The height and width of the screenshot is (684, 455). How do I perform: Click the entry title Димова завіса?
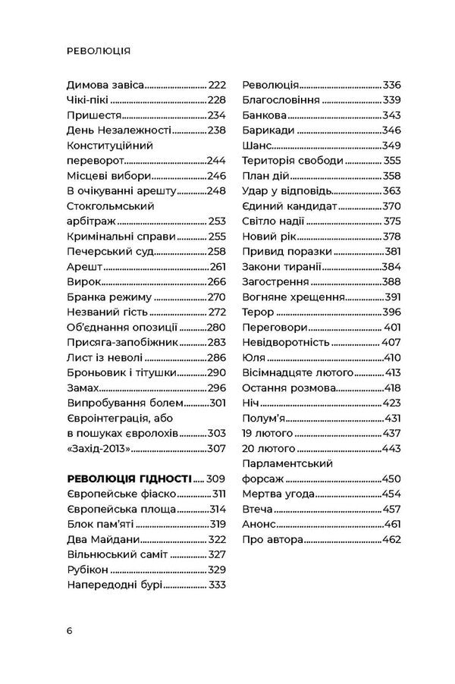point(105,86)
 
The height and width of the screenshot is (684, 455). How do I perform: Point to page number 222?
point(218,86)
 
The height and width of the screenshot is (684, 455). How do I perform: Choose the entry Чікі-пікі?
point(88,101)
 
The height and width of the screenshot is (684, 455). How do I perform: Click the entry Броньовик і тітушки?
point(122,372)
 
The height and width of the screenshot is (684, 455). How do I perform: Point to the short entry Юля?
point(253,357)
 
